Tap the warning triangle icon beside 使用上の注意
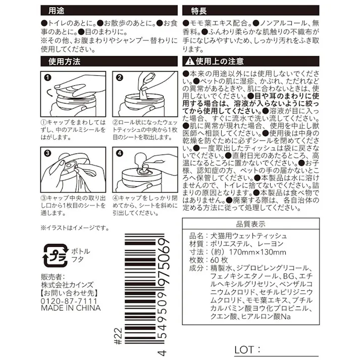click(x=189, y=62)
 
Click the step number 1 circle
click(x=48, y=78)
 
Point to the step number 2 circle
click(x=120, y=78)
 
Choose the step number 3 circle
click(x=48, y=153)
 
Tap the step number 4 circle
click(x=120, y=153)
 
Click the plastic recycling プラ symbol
click(x=53, y=254)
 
